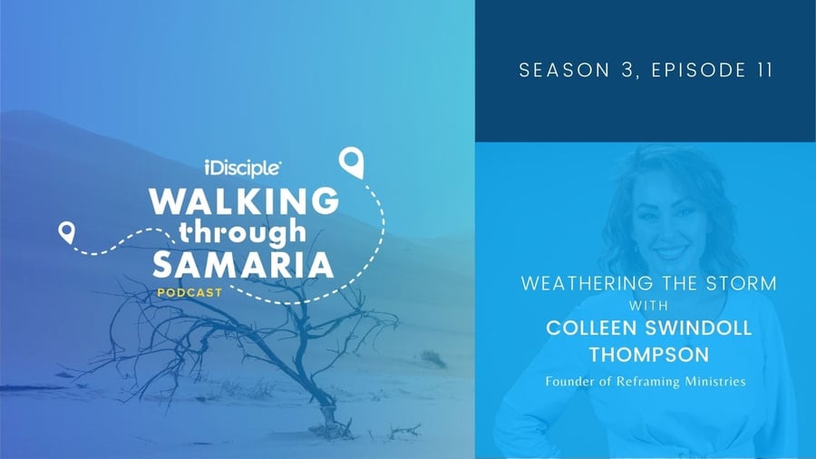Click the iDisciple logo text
(x=242, y=168)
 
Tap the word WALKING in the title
(x=244, y=200)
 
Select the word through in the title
(x=242, y=232)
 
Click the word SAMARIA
(x=243, y=264)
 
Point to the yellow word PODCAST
(x=190, y=293)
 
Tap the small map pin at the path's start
(x=66, y=232)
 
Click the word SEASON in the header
(x=565, y=70)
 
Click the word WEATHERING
(x=587, y=283)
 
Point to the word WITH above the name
(x=648, y=305)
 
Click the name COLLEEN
(x=592, y=327)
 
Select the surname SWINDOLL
(x=699, y=327)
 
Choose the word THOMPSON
(x=649, y=355)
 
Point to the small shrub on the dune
(x=434, y=358)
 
